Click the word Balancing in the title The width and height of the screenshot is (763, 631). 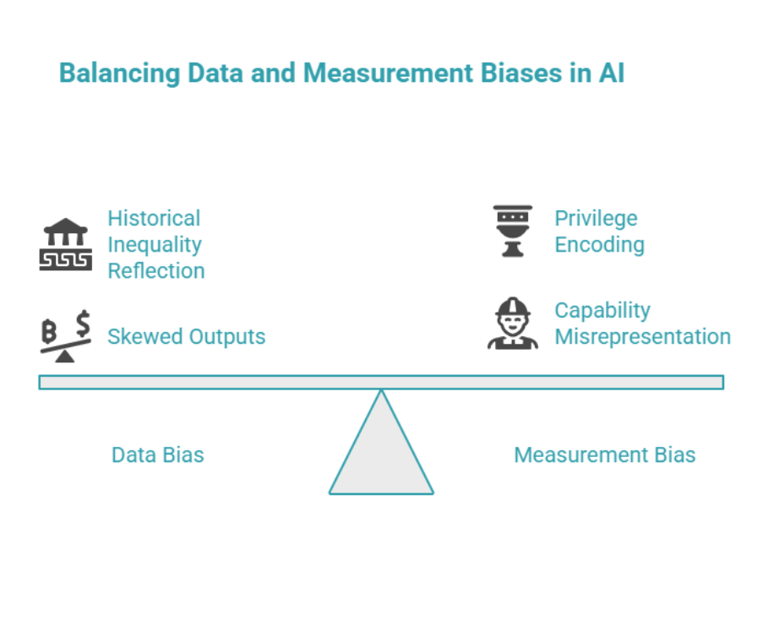pos(119,73)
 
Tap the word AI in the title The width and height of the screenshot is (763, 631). pos(610,73)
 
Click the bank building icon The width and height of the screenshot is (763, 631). pos(66,245)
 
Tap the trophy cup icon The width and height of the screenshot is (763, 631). pos(512,231)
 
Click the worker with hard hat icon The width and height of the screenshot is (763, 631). pos(512,323)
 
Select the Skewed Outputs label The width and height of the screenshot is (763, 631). pos(186,337)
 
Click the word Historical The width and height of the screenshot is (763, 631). pos(154,219)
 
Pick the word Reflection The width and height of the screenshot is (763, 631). pos(155,271)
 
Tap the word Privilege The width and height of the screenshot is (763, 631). pos(596,219)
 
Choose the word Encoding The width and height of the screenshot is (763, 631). pos(599,245)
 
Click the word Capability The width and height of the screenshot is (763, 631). pos(602,310)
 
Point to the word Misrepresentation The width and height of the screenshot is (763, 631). pos(642,337)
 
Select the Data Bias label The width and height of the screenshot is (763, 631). pos(158,455)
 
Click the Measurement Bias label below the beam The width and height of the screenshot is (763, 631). pos(604,455)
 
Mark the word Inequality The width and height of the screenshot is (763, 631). pos(154,245)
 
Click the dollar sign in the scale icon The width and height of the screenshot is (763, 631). pos(82,323)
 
